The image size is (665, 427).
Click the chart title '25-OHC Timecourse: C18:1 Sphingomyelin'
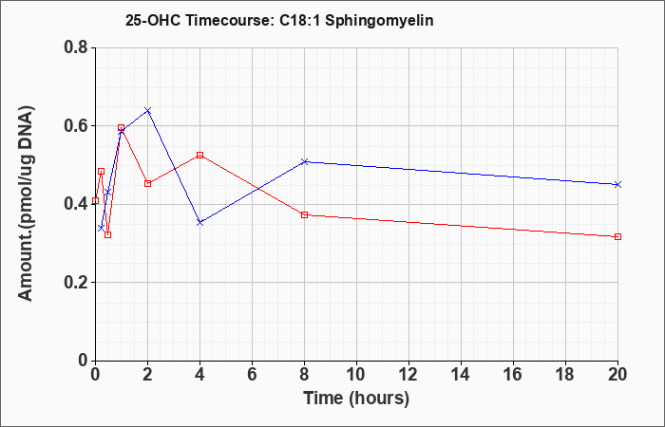[279, 20]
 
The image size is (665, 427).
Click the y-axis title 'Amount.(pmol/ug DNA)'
[26, 204]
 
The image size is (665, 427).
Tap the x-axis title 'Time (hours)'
[356, 399]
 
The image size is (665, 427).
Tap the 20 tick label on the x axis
[617, 375]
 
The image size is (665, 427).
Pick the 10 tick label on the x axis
[356, 375]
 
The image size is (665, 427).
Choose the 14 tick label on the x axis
[461, 375]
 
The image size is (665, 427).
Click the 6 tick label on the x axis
[252, 375]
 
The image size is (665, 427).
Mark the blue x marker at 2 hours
[147, 111]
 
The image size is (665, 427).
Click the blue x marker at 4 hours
[199, 222]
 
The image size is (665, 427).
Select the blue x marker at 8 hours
[304, 162]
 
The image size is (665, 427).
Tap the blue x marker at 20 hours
[617, 184]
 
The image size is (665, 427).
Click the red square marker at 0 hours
[95, 200]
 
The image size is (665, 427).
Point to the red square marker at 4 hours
[199, 155]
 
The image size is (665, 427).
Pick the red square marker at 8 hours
[304, 214]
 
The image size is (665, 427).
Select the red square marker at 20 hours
[617, 236]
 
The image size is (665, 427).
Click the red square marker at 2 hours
[147, 183]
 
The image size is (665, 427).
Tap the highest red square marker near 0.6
[121, 127]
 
